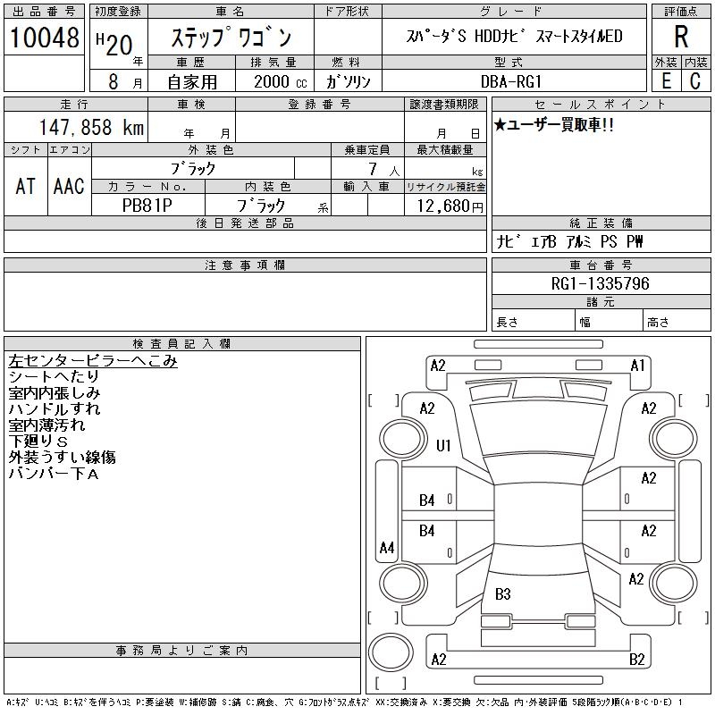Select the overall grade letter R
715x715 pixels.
(681, 37)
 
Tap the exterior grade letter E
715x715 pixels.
(666, 80)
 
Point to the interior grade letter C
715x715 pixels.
(694, 80)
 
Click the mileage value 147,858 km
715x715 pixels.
(92, 128)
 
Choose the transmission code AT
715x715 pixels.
(26, 186)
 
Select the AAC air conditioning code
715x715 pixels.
(69, 186)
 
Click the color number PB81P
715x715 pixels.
(148, 206)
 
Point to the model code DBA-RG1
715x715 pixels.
(517, 80)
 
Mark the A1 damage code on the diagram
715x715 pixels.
(638, 366)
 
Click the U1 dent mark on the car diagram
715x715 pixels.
(443, 445)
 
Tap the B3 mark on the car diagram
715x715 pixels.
(502, 593)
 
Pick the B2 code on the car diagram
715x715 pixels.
(637, 660)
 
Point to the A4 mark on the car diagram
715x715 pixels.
(387, 548)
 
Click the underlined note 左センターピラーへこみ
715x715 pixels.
(93, 361)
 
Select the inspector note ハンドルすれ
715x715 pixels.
(55, 409)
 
